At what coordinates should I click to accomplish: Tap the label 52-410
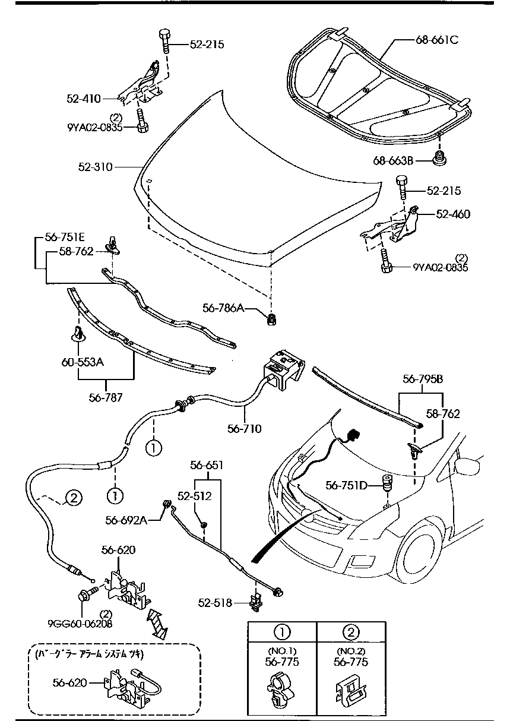coord(83,100)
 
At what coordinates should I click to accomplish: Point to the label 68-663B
coord(393,160)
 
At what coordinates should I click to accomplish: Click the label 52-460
coord(453,214)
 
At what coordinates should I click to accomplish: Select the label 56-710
coord(243,428)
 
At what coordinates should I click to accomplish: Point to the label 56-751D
coord(346,485)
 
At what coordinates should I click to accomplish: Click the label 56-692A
coord(126,520)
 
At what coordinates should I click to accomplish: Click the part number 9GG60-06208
coord(80,624)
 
